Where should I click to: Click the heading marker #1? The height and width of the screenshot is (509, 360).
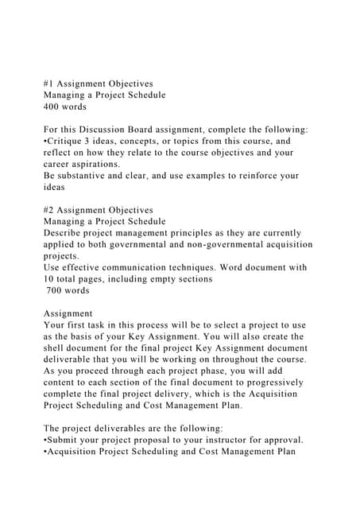click(x=48, y=82)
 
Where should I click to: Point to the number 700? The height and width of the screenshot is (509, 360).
click(x=56, y=291)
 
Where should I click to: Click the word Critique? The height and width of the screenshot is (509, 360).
click(x=68, y=141)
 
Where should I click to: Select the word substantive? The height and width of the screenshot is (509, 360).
click(x=79, y=176)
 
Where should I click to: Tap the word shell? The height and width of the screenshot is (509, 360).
click(x=56, y=349)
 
